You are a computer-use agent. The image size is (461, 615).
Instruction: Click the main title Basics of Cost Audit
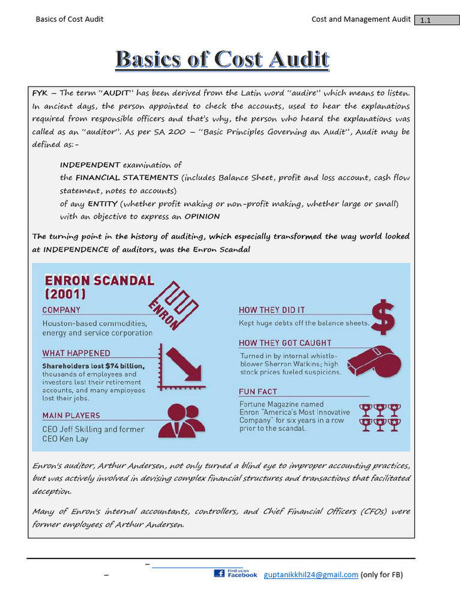(222, 59)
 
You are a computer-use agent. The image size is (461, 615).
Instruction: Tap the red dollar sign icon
(383, 317)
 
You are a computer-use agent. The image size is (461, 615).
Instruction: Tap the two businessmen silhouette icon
(184, 420)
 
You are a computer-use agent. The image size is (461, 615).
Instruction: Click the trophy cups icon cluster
(381, 417)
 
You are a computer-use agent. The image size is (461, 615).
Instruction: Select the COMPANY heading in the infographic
(61, 310)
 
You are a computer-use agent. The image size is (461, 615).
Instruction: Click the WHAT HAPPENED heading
(76, 353)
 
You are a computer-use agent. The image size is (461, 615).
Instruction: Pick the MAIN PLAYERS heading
(71, 415)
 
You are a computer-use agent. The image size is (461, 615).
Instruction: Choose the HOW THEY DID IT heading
(272, 310)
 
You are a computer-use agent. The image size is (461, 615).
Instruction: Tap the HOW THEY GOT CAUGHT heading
(285, 343)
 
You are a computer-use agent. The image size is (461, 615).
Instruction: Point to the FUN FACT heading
(258, 392)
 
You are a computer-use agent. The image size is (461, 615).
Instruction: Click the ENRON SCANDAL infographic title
(99, 286)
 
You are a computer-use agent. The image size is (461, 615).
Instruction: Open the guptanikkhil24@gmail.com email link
(311, 575)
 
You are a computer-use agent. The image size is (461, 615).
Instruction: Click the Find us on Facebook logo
(235, 574)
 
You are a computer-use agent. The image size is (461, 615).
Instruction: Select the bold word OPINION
(202, 216)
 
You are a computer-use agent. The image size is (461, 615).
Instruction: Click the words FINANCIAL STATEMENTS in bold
(127, 178)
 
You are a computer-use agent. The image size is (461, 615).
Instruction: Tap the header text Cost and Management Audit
(360, 19)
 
